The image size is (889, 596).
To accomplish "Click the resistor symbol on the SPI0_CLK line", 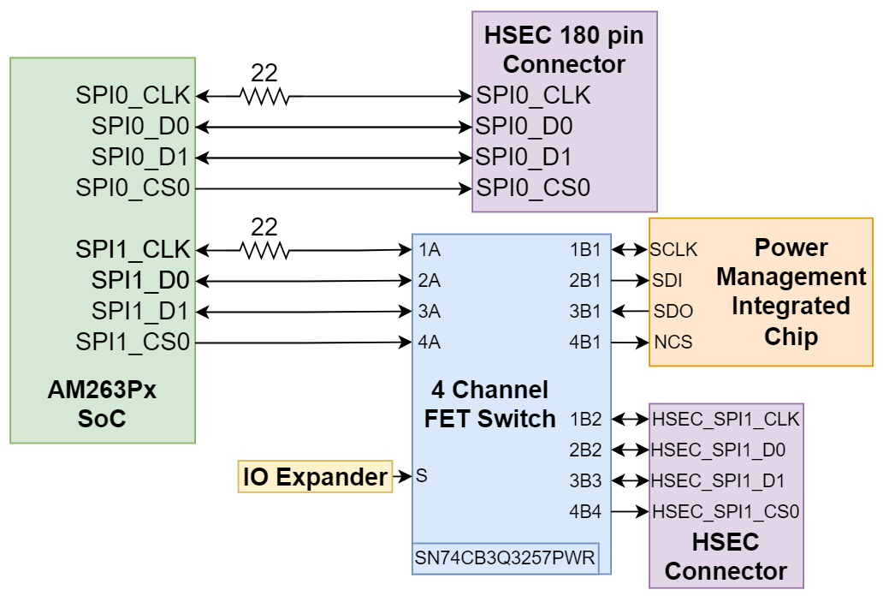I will coord(264,97).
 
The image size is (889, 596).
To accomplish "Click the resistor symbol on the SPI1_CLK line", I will coord(264,251).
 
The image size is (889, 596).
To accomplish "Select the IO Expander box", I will coord(315,476).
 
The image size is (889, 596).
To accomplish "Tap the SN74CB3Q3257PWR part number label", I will coord(505,558).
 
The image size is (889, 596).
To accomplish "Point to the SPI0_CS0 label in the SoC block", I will coord(133,188).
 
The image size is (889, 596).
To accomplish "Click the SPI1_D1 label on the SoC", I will coord(140,311).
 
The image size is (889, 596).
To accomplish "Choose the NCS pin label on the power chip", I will coord(673,343).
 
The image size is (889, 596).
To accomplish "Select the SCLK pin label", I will coord(673,250).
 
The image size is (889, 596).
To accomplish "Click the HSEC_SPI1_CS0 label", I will coord(726,512).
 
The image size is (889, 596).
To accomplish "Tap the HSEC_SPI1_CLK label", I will coord(726,420).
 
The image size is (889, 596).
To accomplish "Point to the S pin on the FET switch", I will coord(421,475).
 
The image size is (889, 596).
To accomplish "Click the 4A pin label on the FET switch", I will coord(430,343).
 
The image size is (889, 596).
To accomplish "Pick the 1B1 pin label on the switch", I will coord(585,250).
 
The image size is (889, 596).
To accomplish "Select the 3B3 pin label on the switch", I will coord(585,481).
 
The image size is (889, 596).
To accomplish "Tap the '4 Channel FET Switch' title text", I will coord(489,405).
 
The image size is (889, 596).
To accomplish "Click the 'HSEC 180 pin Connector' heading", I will coord(564,50).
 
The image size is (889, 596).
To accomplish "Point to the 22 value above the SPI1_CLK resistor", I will coord(264,227).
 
